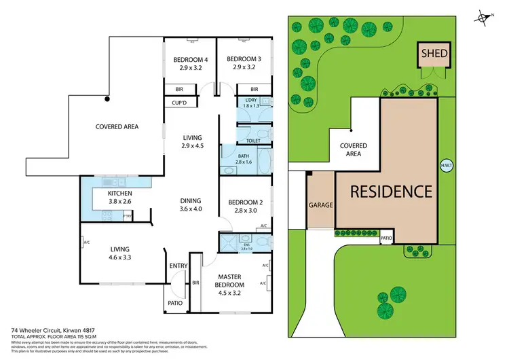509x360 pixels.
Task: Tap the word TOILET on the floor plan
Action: [x=253, y=141]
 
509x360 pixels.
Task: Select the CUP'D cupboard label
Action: [x=178, y=103]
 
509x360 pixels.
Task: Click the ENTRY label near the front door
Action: [x=178, y=266]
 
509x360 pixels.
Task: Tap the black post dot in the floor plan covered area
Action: [x=107, y=100]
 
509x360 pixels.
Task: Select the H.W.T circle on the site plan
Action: [x=447, y=164]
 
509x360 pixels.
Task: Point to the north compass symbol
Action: [x=483, y=17]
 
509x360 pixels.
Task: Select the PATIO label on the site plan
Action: [x=386, y=238]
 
